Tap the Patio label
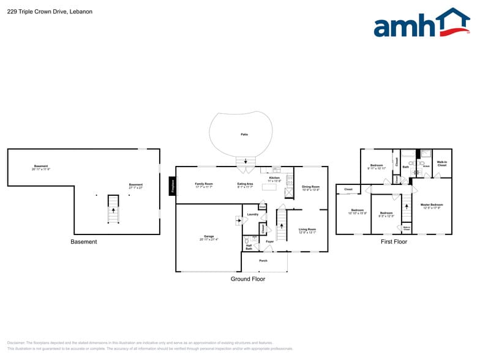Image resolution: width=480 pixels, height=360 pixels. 244,135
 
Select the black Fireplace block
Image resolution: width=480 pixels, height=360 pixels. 173,186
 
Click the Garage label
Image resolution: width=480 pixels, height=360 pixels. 209,236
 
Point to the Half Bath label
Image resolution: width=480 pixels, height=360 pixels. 249,247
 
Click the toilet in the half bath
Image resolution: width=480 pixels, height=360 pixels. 247,240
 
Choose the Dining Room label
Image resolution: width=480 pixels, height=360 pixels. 311,187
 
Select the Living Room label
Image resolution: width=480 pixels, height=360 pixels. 307,230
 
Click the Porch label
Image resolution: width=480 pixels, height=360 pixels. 263,261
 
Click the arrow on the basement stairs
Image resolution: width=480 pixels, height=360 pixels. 113,210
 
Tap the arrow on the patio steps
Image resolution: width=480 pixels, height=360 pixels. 247,162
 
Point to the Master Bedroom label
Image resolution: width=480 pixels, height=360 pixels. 432,205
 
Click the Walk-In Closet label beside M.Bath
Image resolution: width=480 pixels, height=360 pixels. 441,163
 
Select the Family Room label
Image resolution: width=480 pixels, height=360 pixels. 204,184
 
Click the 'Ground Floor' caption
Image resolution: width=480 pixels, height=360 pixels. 248,279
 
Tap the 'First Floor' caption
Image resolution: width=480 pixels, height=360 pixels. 394,242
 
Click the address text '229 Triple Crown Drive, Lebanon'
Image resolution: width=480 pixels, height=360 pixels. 50,11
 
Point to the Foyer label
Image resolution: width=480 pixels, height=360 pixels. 269,242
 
